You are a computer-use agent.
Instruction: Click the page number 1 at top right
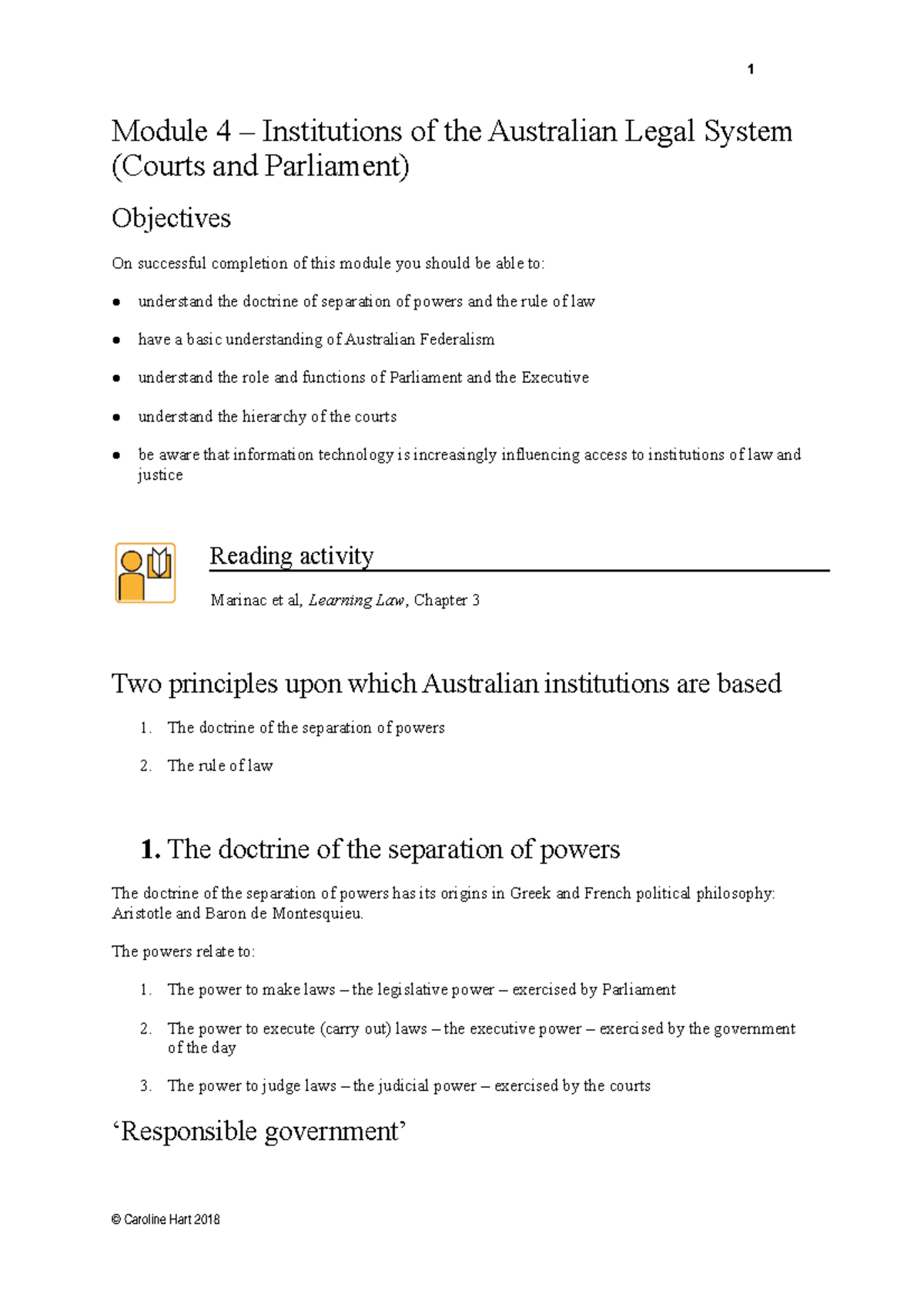tap(751, 70)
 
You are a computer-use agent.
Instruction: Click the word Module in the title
tap(159, 131)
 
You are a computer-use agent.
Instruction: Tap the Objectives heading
tap(171, 219)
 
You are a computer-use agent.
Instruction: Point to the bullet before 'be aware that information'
tap(116, 455)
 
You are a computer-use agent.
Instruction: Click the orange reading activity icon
tap(146, 572)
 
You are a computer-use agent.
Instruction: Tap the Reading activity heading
tap(292, 555)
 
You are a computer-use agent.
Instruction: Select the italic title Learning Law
tap(356, 600)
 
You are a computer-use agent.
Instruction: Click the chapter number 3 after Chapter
tap(476, 600)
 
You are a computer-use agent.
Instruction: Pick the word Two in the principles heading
tap(136, 684)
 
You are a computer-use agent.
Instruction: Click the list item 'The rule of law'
tap(220, 766)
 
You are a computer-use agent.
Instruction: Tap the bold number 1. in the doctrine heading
tap(151, 850)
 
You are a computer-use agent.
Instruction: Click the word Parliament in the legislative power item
tap(638, 990)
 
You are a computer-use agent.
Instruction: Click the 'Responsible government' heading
tap(260, 1132)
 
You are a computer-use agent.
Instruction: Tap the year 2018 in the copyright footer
tap(207, 1219)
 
